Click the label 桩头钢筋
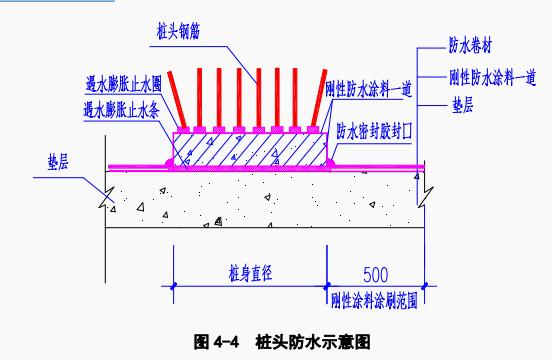[x=178, y=32]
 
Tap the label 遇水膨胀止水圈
[x=123, y=84]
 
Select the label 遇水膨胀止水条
[x=121, y=110]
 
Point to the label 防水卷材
[x=470, y=45]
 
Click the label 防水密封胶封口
[x=374, y=131]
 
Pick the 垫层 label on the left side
[x=58, y=162]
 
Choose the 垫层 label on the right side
[x=462, y=105]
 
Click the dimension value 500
[x=376, y=275]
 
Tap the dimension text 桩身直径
[x=250, y=273]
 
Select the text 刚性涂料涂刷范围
[x=374, y=301]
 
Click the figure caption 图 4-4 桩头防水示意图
[x=282, y=342]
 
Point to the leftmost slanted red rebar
[x=177, y=99]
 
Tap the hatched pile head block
[x=250, y=150]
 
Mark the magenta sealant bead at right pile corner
[x=331, y=163]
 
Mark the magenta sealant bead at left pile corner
[x=169, y=163]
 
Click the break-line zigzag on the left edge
[x=107, y=198]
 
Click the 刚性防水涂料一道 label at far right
[x=493, y=77]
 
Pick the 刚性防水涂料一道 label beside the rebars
[x=368, y=89]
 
